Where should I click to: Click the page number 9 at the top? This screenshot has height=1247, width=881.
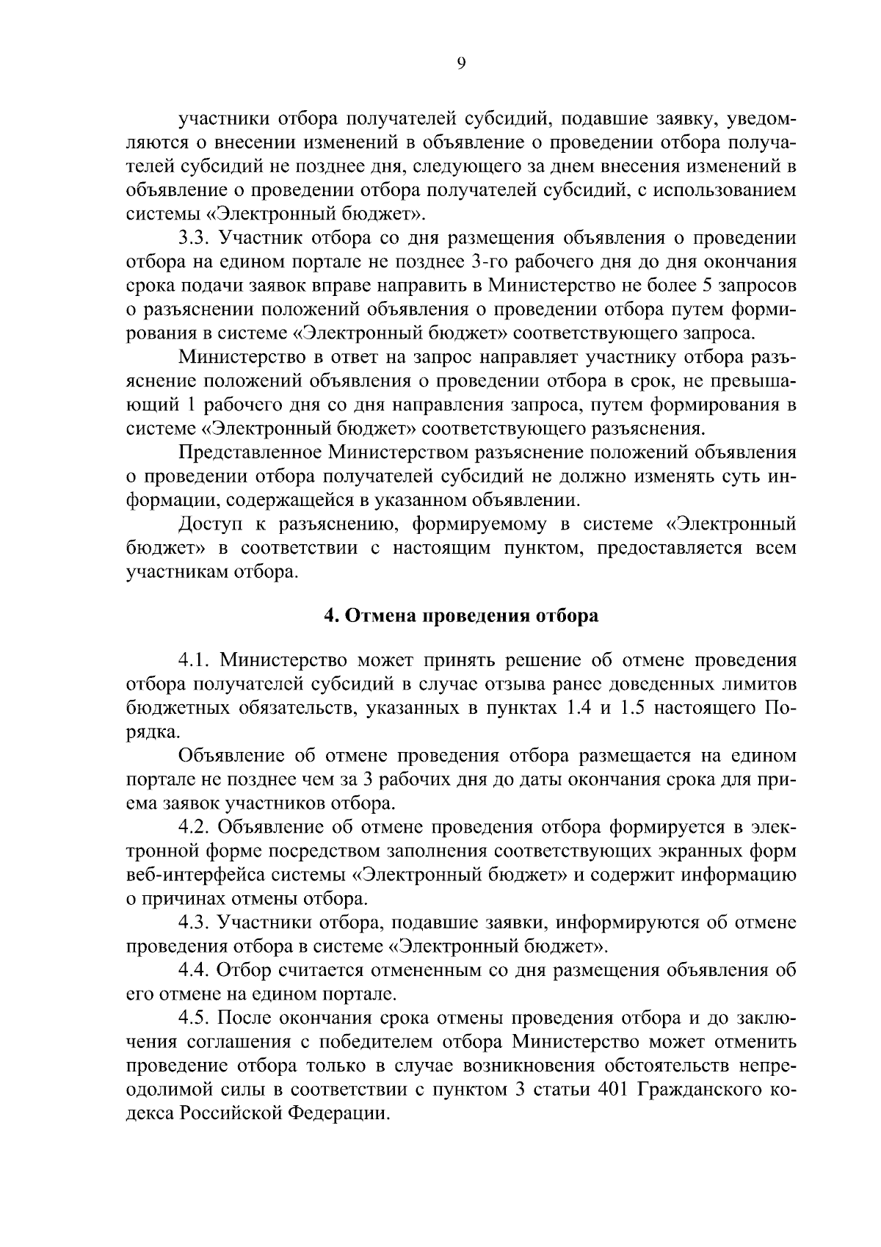(461, 64)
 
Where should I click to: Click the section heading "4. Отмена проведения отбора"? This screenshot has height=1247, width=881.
(461, 615)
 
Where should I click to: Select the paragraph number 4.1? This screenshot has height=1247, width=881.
(194, 660)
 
